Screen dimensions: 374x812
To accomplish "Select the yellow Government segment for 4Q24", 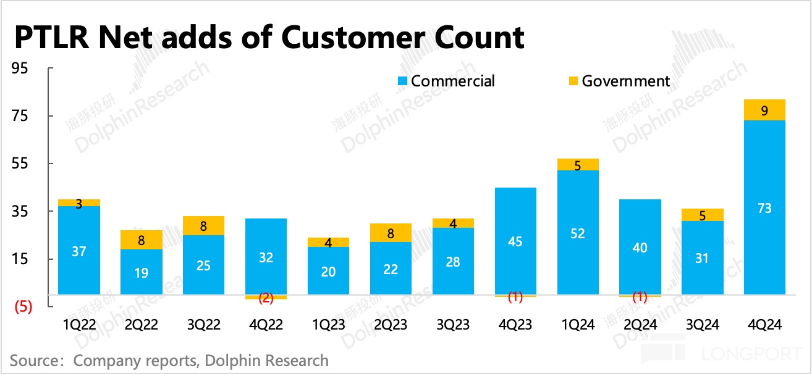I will [764, 110].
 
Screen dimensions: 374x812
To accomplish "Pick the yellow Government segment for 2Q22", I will [142, 239].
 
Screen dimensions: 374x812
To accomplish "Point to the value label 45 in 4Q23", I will [515, 241].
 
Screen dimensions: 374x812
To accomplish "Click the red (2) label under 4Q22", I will [266, 298].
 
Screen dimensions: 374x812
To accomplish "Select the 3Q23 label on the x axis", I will [453, 325].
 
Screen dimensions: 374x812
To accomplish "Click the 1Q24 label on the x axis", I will [578, 325].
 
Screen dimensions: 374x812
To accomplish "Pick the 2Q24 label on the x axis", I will [640, 325].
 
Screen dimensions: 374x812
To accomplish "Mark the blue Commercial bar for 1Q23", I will [328, 271].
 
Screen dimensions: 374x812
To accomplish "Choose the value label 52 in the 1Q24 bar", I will [578, 233].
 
